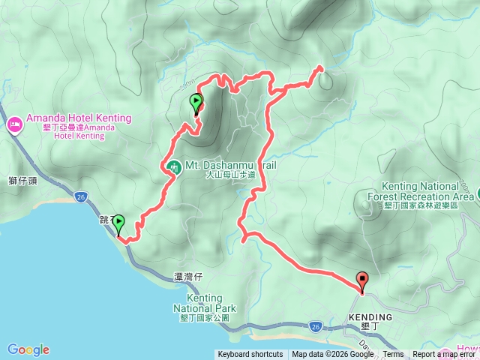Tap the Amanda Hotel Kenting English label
click(x=79, y=118)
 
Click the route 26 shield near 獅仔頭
click(x=81, y=196)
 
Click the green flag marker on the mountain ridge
click(x=196, y=103)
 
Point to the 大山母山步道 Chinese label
click(x=230, y=174)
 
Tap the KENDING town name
click(x=370, y=317)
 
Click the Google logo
click(x=28, y=349)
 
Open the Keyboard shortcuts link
click(x=250, y=355)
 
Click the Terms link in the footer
click(x=393, y=355)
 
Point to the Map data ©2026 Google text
click(x=333, y=355)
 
